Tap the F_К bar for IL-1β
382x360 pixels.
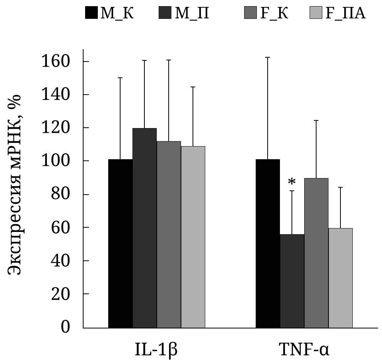click(169, 234)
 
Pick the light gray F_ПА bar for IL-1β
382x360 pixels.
click(193, 237)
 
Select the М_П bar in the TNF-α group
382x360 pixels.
click(292, 281)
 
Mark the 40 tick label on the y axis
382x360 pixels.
click(69, 261)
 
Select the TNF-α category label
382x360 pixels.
click(304, 348)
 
